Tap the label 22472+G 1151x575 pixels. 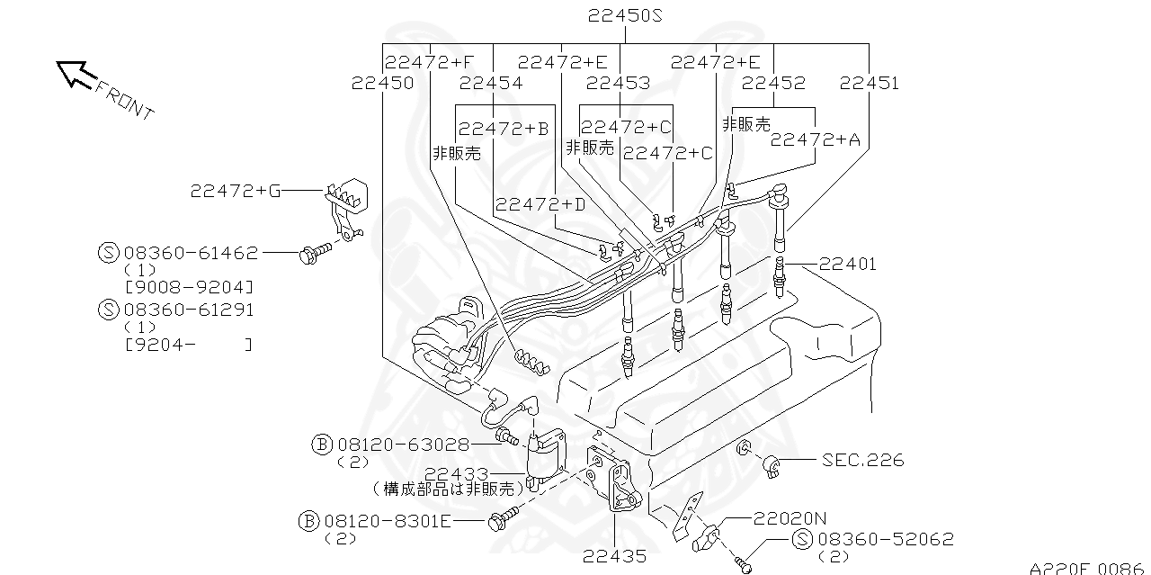tap(236, 191)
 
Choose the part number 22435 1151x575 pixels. tap(614, 556)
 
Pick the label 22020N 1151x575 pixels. tap(790, 518)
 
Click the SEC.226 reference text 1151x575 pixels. tap(862, 461)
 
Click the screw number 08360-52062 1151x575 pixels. tap(885, 539)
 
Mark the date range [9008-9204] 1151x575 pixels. tap(188, 287)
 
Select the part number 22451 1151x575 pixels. tap(869, 83)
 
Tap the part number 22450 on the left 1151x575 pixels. tap(382, 83)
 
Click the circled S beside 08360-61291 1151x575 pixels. tap(108, 310)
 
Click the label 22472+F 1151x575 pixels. tap(429, 61)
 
